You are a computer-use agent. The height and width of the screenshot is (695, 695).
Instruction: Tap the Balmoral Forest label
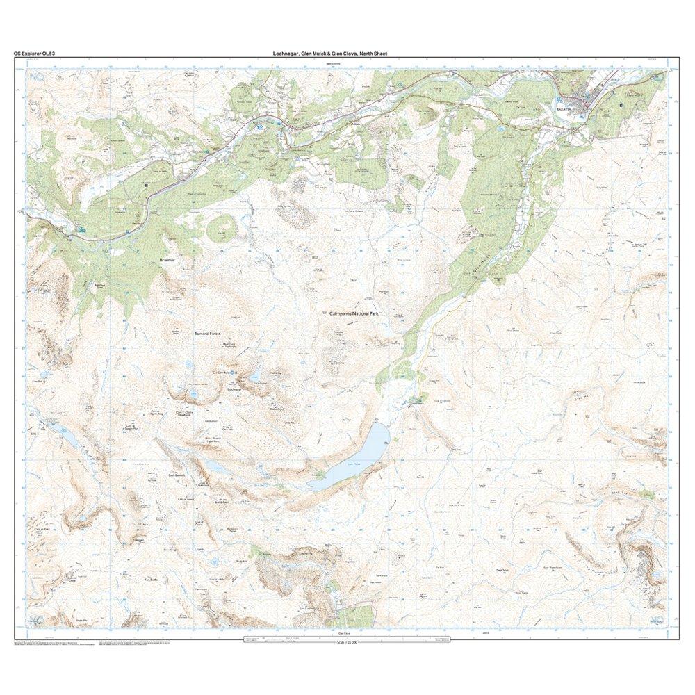point(206,334)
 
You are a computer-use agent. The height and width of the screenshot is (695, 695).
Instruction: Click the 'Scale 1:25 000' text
point(346,641)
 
